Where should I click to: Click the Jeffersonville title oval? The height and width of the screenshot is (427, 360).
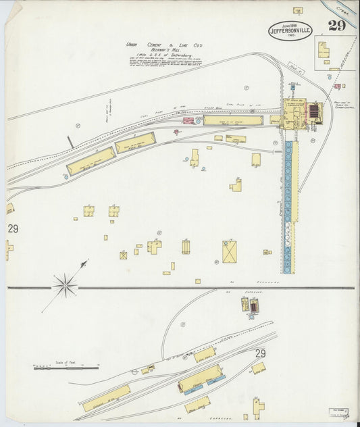coord(290,30)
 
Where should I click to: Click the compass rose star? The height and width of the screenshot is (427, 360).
coord(65,285)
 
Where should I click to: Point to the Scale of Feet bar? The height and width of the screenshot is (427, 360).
coord(66,368)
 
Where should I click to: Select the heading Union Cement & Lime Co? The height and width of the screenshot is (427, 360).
coord(165,45)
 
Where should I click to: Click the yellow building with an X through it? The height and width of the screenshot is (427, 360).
coord(230,251)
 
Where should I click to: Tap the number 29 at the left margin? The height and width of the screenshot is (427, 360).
coord(13,229)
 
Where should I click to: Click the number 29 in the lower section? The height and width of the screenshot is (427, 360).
coord(261,354)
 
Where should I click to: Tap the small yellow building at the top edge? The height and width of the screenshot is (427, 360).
coord(298,11)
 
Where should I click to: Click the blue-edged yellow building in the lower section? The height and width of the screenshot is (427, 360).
coord(201,379)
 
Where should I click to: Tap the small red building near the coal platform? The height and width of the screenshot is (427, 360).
coord(188,120)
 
